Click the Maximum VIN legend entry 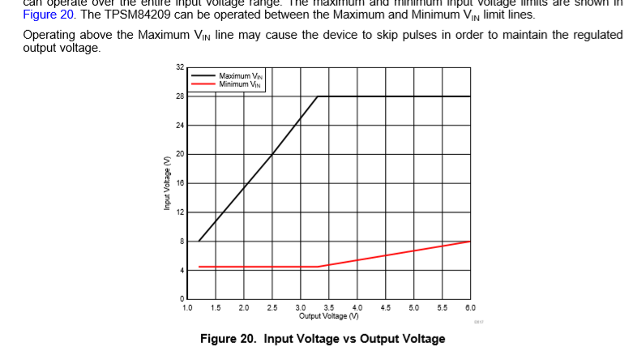tap(239, 76)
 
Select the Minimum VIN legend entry tap(239, 83)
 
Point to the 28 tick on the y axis tap(180, 96)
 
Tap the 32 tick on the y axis tap(180, 67)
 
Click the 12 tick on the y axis tap(180, 212)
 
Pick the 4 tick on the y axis tap(181, 270)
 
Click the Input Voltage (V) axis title tap(166, 183)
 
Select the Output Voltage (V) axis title tap(328, 315)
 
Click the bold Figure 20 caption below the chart tap(323, 339)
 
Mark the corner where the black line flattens tap(318, 96)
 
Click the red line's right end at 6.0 tap(470, 242)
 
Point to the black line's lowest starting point tap(199, 241)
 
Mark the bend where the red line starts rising tap(318, 267)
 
